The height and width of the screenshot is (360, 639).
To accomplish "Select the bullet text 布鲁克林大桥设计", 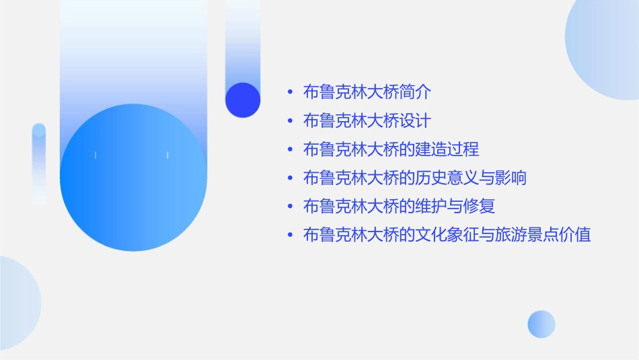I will point(367,121).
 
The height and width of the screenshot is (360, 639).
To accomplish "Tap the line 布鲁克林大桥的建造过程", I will point(391,149).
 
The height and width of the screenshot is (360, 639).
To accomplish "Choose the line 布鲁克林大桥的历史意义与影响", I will point(414,178).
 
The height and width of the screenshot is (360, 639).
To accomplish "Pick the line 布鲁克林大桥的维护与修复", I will point(399,206).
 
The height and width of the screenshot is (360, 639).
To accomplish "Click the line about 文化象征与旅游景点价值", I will point(447,235).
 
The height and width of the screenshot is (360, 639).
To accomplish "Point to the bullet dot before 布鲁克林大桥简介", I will point(289,93).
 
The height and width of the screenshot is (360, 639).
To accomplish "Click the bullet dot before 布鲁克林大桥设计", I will point(289,121).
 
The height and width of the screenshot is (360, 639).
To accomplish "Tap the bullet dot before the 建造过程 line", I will point(289,149).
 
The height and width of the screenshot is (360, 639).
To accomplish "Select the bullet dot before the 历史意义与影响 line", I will point(289,178).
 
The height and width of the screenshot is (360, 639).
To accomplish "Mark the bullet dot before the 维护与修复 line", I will point(289,207).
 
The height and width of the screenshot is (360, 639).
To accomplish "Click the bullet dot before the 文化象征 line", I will point(289,235).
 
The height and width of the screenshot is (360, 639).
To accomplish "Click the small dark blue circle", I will point(243,100).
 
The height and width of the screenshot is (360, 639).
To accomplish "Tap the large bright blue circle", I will point(133,178).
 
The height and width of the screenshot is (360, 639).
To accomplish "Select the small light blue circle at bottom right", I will point(541,324).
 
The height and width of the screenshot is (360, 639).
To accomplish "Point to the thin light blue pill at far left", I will point(39,164).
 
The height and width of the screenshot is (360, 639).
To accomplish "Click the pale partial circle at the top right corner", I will point(605,47).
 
